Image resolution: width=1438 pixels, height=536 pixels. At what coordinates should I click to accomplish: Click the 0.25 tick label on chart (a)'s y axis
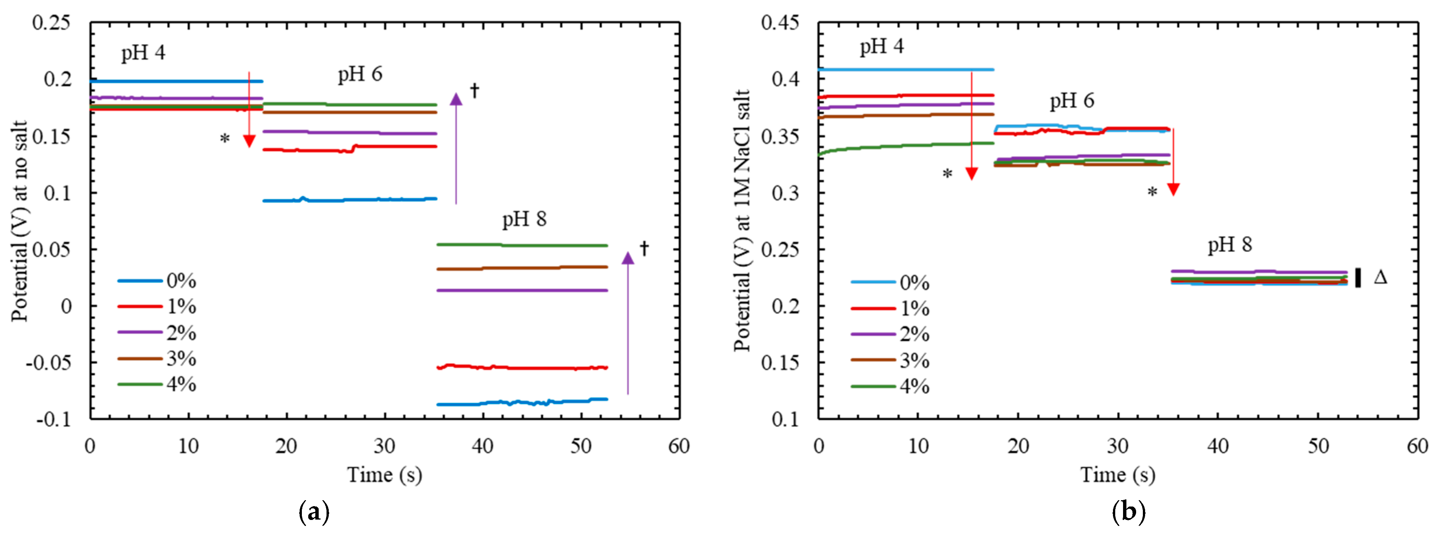pyautogui.click(x=51, y=23)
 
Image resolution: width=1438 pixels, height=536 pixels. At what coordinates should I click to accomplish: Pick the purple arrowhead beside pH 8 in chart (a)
pyautogui.click(x=628, y=258)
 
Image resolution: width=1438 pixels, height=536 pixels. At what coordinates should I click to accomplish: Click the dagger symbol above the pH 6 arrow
pyautogui.click(x=474, y=90)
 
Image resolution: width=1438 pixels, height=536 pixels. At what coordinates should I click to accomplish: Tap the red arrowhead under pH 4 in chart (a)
pyautogui.click(x=249, y=141)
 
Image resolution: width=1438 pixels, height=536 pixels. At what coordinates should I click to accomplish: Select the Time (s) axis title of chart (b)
pyautogui.click(x=1117, y=475)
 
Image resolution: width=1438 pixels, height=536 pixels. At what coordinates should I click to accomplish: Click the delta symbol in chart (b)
pyautogui.click(x=1380, y=277)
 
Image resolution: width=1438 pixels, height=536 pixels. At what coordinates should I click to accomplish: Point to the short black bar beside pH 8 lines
pyautogui.click(x=1358, y=277)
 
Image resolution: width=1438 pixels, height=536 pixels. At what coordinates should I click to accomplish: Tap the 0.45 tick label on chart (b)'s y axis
pyautogui.click(x=780, y=23)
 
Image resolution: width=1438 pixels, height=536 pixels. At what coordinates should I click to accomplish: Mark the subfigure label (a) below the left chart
pyautogui.click(x=314, y=511)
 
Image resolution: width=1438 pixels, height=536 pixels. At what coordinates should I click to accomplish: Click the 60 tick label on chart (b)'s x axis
pyautogui.click(x=1417, y=446)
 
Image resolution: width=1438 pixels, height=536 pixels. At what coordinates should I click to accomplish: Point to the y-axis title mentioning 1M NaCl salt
pyautogui.click(x=742, y=220)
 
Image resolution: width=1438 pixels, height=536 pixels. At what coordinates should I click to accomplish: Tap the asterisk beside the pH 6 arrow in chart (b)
pyautogui.click(x=1152, y=193)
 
